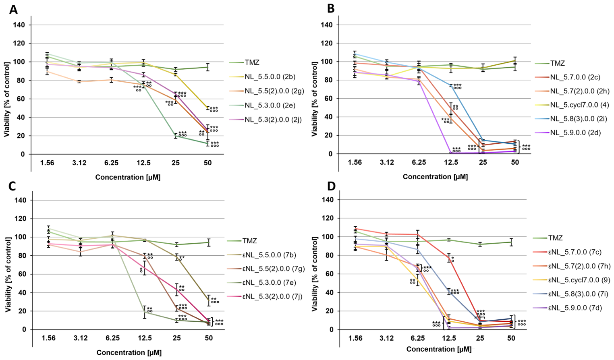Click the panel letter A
[13, 10]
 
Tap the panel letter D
[332, 186]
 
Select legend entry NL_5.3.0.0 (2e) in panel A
[270, 105]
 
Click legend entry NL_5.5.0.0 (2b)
[270, 77]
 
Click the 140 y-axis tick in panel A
[19, 25]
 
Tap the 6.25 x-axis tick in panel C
[113, 338]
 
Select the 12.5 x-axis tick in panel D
[449, 338]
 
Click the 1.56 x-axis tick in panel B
[355, 162]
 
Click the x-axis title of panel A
[128, 177]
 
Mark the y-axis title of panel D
[315, 274]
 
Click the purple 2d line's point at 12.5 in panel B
[451, 153]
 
